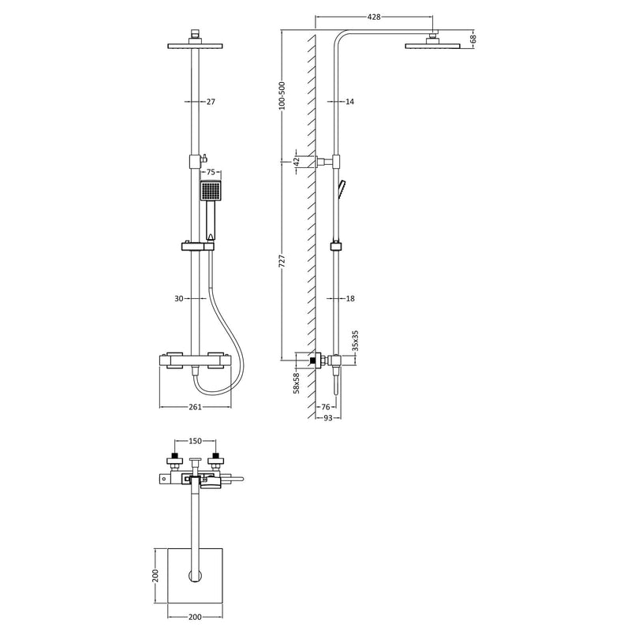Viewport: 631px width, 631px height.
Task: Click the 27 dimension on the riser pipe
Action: point(211,102)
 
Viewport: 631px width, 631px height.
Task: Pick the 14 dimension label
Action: point(350,102)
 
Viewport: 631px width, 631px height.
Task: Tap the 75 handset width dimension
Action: point(211,171)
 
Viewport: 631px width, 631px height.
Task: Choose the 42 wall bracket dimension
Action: point(296,162)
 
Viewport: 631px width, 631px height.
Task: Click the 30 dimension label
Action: point(178,298)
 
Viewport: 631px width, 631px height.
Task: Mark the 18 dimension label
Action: point(350,298)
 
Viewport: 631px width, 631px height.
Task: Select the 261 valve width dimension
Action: point(195,407)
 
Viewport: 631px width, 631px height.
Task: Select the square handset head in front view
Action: point(211,191)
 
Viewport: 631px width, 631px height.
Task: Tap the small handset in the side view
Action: point(342,188)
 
